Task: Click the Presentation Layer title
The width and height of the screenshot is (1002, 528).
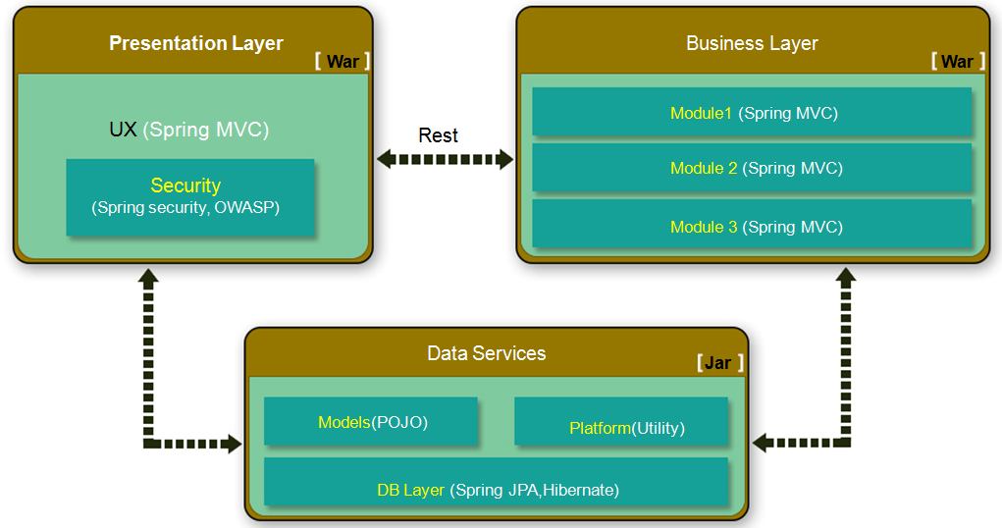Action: click(196, 44)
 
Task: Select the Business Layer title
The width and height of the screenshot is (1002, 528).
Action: click(752, 44)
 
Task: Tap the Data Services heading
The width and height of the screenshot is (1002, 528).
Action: click(487, 353)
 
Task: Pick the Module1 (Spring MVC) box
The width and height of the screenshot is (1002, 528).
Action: click(752, 112)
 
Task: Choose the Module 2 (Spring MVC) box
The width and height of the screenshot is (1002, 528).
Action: click(752, 168)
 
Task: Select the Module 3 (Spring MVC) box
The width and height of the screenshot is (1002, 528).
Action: click(752, 226)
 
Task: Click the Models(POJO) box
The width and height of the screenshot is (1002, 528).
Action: click(371, 422)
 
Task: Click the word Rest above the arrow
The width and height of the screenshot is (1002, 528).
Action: click(438, 135)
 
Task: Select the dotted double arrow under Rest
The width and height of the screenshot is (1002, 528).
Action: click(445, 159)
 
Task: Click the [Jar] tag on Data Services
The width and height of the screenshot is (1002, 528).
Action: click(719, 363)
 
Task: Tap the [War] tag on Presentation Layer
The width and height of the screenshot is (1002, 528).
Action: click(343, 62)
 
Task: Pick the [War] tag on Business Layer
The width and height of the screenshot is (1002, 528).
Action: click(957, 62)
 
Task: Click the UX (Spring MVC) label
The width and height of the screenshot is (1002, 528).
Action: click(189, 130)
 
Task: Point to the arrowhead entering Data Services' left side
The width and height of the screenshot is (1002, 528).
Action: click(233, 445)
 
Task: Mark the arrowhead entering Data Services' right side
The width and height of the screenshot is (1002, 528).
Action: click(761, 444)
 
